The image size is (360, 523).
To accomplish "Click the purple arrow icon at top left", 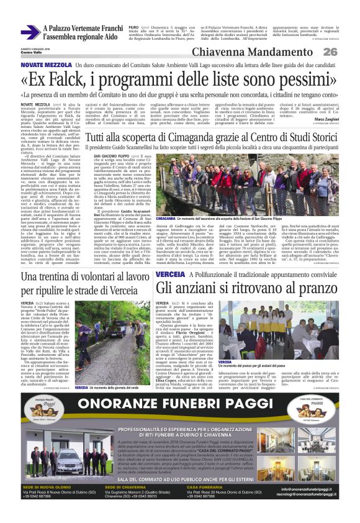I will tap(29, 32).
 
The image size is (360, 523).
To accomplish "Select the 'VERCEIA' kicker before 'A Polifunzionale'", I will tap(169, 274).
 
